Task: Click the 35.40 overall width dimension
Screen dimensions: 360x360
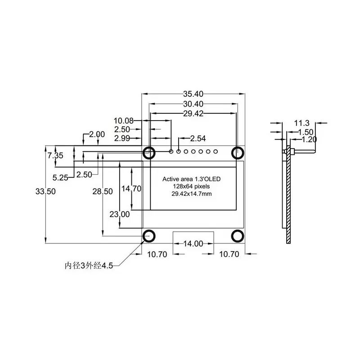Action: (x=193, y=94)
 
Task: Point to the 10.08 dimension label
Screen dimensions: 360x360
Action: (x=123, y=121)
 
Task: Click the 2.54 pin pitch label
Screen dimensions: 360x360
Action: (x=198, y=138)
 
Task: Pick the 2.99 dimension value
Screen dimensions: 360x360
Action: (x=123, y=138)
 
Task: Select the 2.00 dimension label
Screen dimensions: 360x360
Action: (x=97, y=134)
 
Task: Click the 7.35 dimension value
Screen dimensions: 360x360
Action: (x=56, y=155)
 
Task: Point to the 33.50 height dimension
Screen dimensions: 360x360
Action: (x=45, y=191)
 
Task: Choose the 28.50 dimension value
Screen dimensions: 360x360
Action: (x=103, y=191)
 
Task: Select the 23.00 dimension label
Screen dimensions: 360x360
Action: (x=120, y=214)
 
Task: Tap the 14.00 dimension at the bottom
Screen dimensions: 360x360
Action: (x=193, y=243)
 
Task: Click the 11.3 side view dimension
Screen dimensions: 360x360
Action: (x=301, y=122)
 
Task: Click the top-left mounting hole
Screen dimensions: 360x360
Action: (x=149, y=153)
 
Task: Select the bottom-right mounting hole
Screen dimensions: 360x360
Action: (x=238, y=236)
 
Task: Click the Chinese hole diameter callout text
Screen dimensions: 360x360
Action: (x=88, y=265)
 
